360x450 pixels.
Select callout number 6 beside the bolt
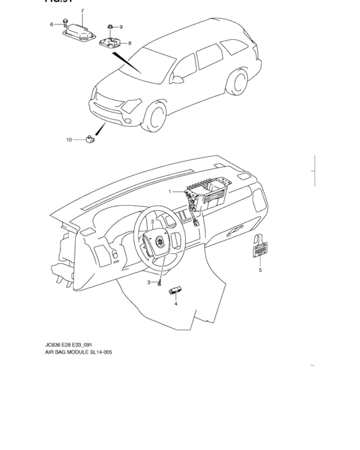pos(52,24)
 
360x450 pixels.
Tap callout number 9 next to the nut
pos(120,27)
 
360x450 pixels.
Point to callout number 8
pos(129,43)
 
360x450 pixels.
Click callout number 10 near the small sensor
pos(69,139)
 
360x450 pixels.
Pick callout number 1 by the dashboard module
pos(170,192)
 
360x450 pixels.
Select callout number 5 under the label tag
pos(260,271)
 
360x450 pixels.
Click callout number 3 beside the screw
pos(148,282)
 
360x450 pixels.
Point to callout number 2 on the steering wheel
pos(152,222)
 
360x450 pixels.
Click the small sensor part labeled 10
pos(91,138)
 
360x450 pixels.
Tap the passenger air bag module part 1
pos(204,193)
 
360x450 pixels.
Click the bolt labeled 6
pos(66,24)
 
